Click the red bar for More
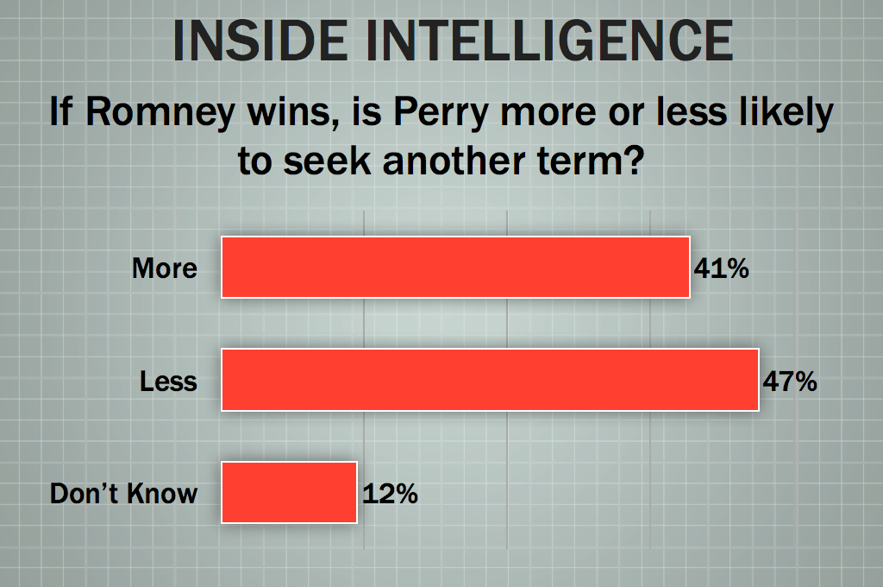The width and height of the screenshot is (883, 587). (455, 268)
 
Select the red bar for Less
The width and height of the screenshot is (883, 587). (490, 380)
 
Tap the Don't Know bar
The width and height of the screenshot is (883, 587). (290, 493)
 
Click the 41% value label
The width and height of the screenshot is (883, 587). (722, 268)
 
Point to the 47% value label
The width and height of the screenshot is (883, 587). (790, 382)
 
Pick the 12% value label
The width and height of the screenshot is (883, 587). (390, 494)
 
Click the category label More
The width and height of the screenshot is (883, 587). (165, 268)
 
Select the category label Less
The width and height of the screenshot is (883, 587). (168, 382)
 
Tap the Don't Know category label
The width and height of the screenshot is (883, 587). (124, 494)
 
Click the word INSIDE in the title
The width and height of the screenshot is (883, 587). (260, 41)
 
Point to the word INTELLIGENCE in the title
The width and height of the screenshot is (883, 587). (549, 41)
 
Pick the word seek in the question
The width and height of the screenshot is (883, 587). (327, 161)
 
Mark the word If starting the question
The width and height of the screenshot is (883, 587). (61, 110)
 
